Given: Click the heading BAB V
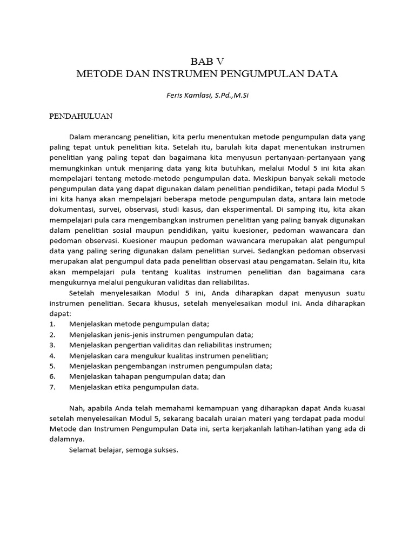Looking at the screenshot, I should point(207,60).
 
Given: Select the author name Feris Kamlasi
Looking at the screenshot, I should point(185,96).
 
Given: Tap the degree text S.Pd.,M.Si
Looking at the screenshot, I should point(232,96).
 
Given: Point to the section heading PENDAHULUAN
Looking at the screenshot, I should point(81,116).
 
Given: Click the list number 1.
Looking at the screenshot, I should point(52,323).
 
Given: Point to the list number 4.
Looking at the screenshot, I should point(52,355).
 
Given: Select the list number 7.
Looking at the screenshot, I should point(52,387).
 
